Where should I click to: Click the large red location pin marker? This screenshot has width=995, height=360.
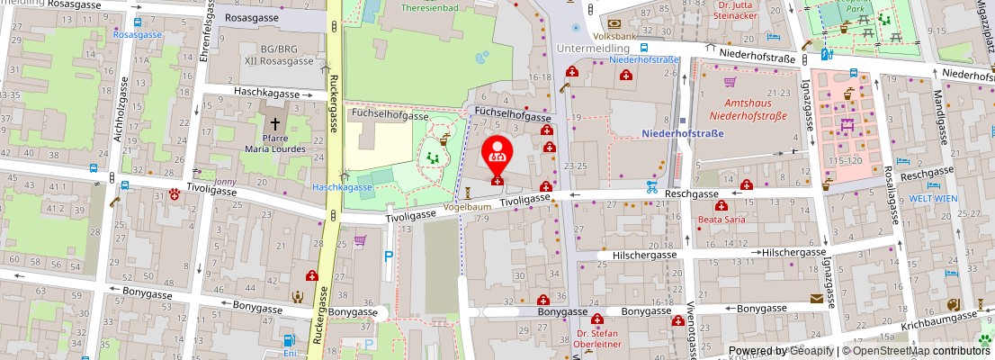pos(496,153)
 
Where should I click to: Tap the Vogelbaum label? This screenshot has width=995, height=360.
pos(469,206)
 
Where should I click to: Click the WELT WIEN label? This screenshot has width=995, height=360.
pos(955,198)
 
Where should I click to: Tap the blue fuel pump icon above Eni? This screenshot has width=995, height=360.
pos(289,341)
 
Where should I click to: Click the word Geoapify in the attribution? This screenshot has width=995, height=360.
pos(810,351)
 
